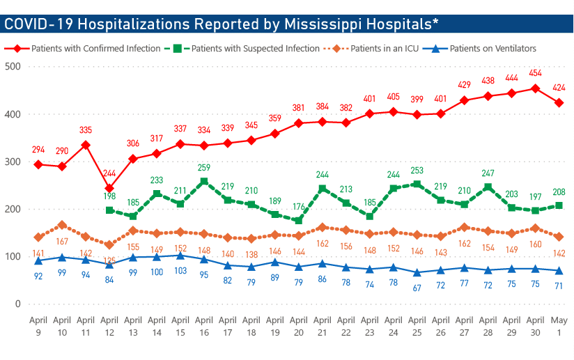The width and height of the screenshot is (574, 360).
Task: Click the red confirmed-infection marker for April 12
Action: coord(109,188)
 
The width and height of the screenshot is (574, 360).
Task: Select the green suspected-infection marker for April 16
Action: coord(203,182)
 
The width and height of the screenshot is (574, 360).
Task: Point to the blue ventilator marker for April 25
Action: coord(417,272)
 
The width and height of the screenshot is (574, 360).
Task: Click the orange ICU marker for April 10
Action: coord(63,225)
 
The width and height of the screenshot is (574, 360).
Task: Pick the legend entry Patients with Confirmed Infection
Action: coord(84,49)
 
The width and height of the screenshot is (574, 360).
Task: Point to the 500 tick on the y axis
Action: coord(13,67)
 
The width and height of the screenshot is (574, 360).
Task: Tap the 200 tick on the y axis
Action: coord(13,210)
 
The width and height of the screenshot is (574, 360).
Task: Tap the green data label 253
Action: coord(417,171)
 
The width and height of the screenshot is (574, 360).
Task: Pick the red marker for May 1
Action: coord(558,103)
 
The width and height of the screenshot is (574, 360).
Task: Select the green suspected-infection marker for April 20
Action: coord(298,221)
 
